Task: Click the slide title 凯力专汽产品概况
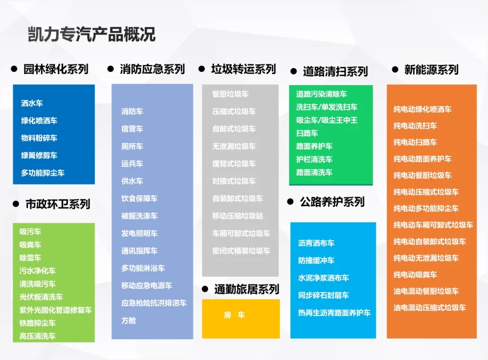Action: pyautogui.click(x=91, y=34)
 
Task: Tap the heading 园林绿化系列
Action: pyautogui.click(x=56, y=69)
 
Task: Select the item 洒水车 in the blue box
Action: pyautogui.click(x=32, y=103)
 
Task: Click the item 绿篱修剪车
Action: pyautogui.click(x=39, y=155)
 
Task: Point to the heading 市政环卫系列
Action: pyautogui.click(x=58, y=204)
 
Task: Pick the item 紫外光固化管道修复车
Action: pyautogui.click(x=56, y=310)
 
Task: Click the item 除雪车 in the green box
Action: pyautogui.click(x=30, y=257)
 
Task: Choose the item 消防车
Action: pyautogui.click(x=132, y=111)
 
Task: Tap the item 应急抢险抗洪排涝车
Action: pyautogui.click(x=154, y=303)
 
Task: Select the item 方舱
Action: pyautogui.click(x=129, y=320)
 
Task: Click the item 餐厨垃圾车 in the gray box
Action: pyautogui.click(x=230, y=94)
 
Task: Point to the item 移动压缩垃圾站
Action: pyautogui.click(x=238, y=215)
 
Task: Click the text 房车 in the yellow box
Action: pyautogui.click(x=235, y=315)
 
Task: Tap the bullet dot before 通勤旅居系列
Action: pyautogui.click(x=205, y=289)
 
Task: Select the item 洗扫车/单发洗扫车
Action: pyautogui.click(x=327, y=107)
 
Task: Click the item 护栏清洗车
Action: pyautogui.click(x=314, y=159)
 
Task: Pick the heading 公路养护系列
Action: pyautogui.click(x=332, y=202)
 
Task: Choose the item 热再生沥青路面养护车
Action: pyautogui.click(x=334, y=313)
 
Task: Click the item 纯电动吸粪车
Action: pyautogui.click(x=415, y=275)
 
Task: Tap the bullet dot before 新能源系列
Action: pyautogui.click(x=395, y=70)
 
